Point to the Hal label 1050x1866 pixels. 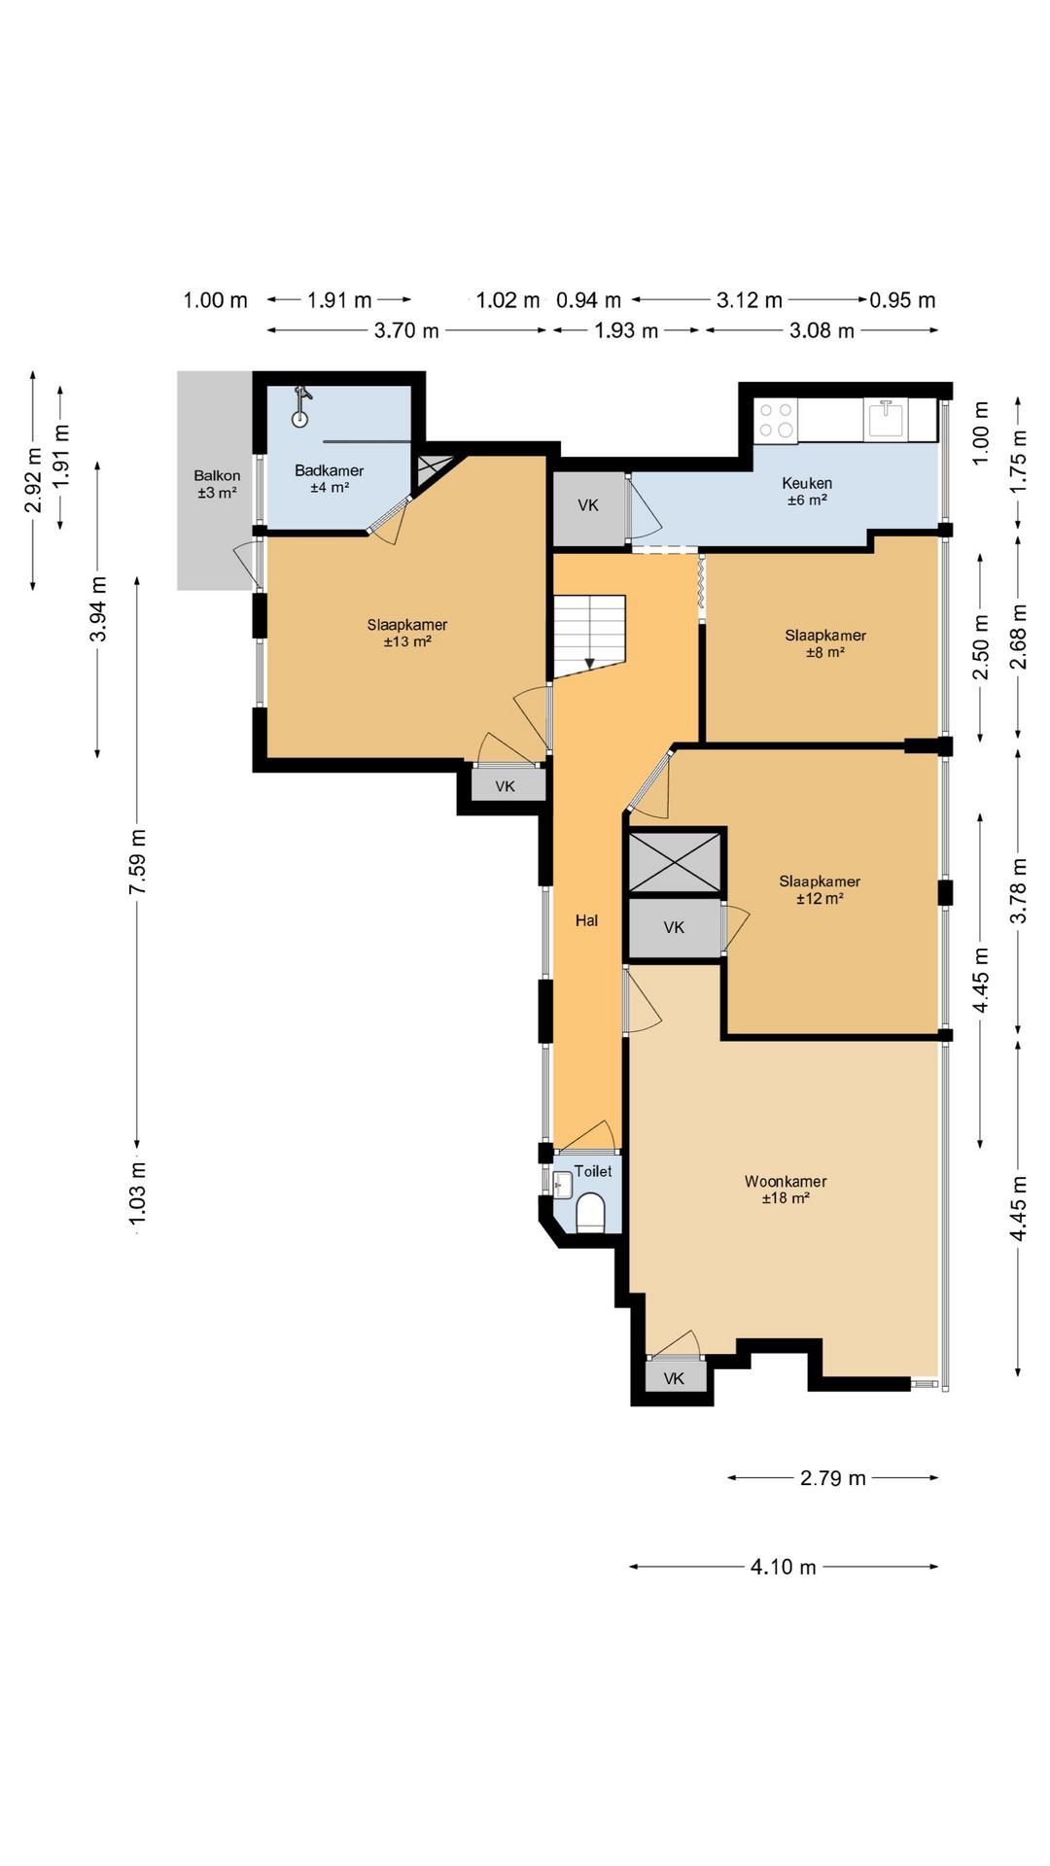pos(586,920)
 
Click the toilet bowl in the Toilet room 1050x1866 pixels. pos(591,1214)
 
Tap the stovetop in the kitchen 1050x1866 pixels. pos(776,420)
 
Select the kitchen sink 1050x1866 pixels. pos(886,420)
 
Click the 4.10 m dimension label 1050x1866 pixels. pos(784,1567)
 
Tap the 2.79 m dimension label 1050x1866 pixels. pos(832,1478)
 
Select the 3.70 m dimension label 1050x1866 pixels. pos(406,330)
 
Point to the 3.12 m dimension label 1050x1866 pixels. pos(750,300)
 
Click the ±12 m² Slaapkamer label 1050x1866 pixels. pos(820,889)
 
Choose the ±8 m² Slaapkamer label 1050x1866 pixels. pos(825,643)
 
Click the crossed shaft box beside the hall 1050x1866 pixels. pos(676,862)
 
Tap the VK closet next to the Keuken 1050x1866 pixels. pos(588,505)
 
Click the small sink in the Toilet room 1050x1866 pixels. pos(562,1184)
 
